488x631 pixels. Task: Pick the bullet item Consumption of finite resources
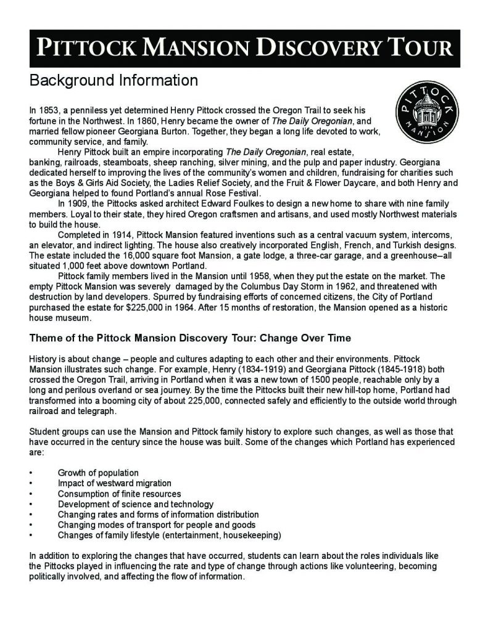120,494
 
